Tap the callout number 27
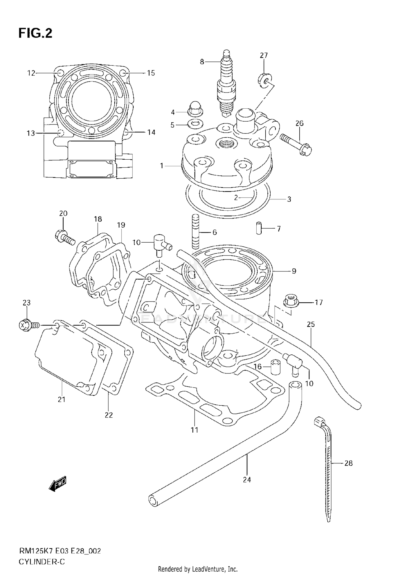(x=263, y=55)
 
